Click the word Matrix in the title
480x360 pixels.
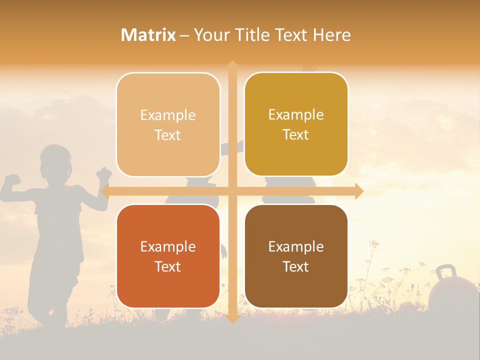pyautogui.click(x=148, y=35)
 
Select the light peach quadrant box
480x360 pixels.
pyautogui.click(x=168, y=124)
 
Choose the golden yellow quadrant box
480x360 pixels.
pyautogui.click(x=296, y=124)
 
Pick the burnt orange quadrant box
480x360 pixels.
pyautogui.click(x=168, y=256)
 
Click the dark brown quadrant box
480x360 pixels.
pyautogui.click(x=296, y=256)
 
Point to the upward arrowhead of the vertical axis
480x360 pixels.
pyautogui.click(x=232, y=65)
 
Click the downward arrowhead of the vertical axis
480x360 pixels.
pyautogui.click(x=232, y=318)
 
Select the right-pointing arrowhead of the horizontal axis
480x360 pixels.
pyautogui.click(x=358, y=191)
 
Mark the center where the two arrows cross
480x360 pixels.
pyautogui.click(x=232, y=191)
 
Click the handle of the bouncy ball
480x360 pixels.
pyautogui.click(x=445, y=272)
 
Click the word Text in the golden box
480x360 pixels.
pyautogui.click(x=296, y=135)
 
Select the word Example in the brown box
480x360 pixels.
pyautogui.click(x=296, y=246)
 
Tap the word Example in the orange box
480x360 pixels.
pyautogui.click(x=168, y=246)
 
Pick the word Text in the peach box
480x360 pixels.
pyautogui.click(x=168, y=135)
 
